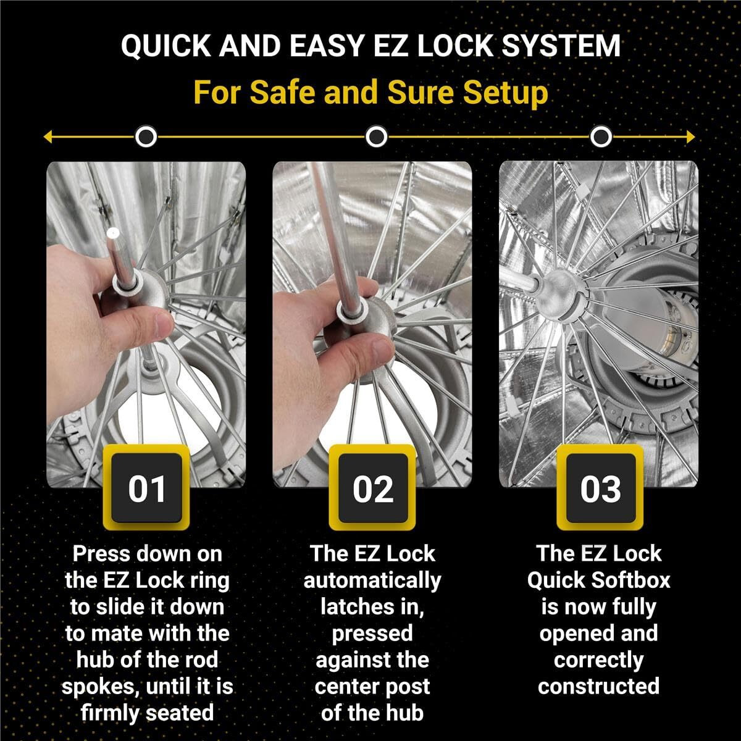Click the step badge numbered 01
(146, 488)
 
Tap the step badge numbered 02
(372, 488)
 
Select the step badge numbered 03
(600, 488)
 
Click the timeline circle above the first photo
(146, 136)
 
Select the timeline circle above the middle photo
(376, 136)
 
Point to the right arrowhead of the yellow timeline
(690, 136)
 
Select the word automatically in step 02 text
(372, 580)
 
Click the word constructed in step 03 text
(598, 686)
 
